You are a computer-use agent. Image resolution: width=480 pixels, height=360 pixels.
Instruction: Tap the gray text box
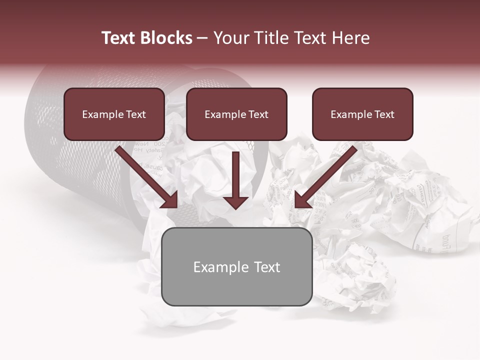(236, 290)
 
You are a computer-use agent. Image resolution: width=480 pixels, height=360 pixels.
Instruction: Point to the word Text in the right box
(383, 114)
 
